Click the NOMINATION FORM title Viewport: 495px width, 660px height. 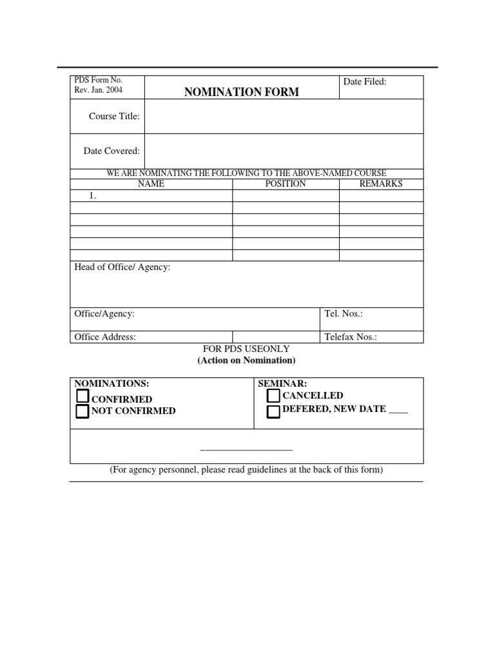click(242, 92)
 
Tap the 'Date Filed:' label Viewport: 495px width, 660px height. click(365, 82)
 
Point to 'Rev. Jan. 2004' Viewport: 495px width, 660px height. click(99, 90)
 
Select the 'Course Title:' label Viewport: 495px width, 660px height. click(114, 116)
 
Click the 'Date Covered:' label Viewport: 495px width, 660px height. click(112, 151)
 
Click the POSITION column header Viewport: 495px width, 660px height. click(286, 184)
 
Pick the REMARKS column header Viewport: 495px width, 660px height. click(380, 184)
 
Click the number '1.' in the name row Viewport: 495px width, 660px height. click(93, 196)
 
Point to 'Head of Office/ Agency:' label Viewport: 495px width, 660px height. click(122, 267)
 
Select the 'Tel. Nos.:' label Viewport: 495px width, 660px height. click(344, 314)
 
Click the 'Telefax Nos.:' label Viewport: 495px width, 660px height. click(351, 337)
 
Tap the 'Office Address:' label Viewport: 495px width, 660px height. click(105, 337)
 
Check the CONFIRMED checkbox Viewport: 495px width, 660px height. click(82, 396)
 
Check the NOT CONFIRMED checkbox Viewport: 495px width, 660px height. click(82, 411)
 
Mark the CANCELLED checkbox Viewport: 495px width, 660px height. click(273, 396)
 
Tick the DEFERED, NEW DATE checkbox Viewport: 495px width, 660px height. click(273, 411)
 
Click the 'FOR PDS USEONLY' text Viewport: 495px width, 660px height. click(246, 349)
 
